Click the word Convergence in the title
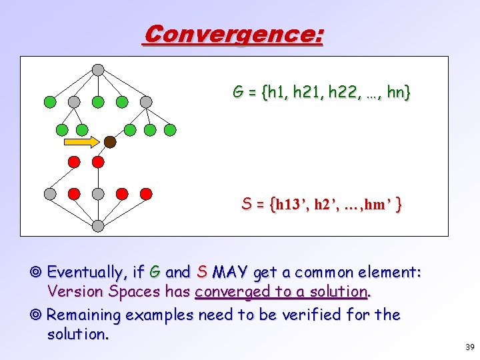pos(233,34)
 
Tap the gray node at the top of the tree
pos(98,69)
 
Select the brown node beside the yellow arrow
pos(110,142)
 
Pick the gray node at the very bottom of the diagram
pos(98,226)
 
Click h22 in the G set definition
pos(338,93)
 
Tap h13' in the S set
pos(280,206)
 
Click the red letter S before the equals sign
pos(246,205)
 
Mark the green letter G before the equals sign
pos(237,92)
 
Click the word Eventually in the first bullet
pos(90,272)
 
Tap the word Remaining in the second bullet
pos(85,315)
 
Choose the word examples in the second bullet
pos(158,315)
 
